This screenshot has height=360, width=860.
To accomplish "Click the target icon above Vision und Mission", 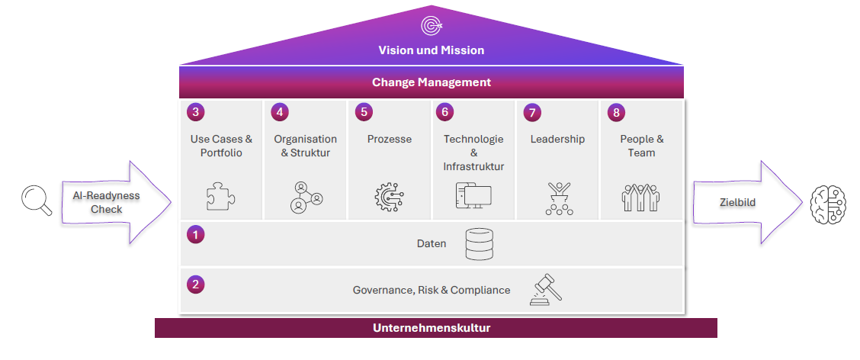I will (432, 26).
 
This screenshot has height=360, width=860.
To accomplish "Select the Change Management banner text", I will (432, 82).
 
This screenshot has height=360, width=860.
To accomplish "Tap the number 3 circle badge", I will (196, 112).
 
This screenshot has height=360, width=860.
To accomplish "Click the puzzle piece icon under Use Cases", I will (220, 197).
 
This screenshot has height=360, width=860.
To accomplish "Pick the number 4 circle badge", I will (280, 112).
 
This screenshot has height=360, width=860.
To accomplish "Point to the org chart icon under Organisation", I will (306, 197).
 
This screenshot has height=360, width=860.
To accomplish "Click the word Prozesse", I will (390, 140).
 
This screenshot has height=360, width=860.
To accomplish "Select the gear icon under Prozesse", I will (389, 197).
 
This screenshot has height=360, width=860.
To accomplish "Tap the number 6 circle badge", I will (444, 112).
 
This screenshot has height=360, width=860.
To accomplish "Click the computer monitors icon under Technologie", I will (473, 197).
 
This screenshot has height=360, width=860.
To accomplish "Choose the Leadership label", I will (557, 140).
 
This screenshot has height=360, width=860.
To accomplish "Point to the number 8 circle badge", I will (616, 112).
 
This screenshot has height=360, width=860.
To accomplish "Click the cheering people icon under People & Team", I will (641, 197).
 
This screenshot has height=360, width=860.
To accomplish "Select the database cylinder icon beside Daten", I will (480, 244).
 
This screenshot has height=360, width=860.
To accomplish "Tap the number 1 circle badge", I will (196, 235).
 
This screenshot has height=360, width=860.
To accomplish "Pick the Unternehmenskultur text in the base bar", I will (432, 329).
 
